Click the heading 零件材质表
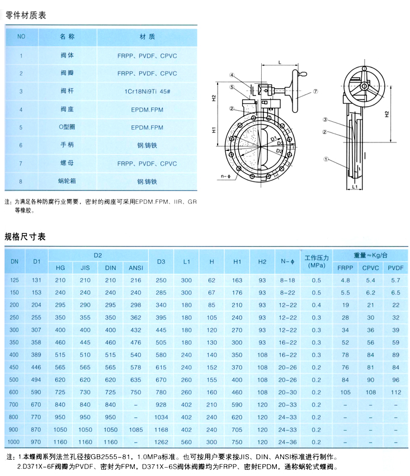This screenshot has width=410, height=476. (x=25, y=15)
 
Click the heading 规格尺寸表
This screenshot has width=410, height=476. (x=25, y=237)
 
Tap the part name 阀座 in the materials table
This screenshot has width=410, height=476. (x=67, y=110)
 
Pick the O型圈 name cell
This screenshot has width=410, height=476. (x=67, y=127)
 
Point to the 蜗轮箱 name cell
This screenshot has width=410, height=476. (x=67, y=182)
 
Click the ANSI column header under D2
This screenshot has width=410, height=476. (x=135, y=268)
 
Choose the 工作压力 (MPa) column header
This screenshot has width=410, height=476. (x=316, y=261)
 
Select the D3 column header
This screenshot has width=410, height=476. (x=162, y=261)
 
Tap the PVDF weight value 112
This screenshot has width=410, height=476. (x=396, y=392)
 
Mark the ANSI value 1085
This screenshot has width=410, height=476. (x=135, y=430)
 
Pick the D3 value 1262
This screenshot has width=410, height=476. (x=162, y=442)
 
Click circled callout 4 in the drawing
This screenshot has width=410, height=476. (x=232, y=75)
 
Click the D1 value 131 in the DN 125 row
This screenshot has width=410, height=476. (x=37, y=280)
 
